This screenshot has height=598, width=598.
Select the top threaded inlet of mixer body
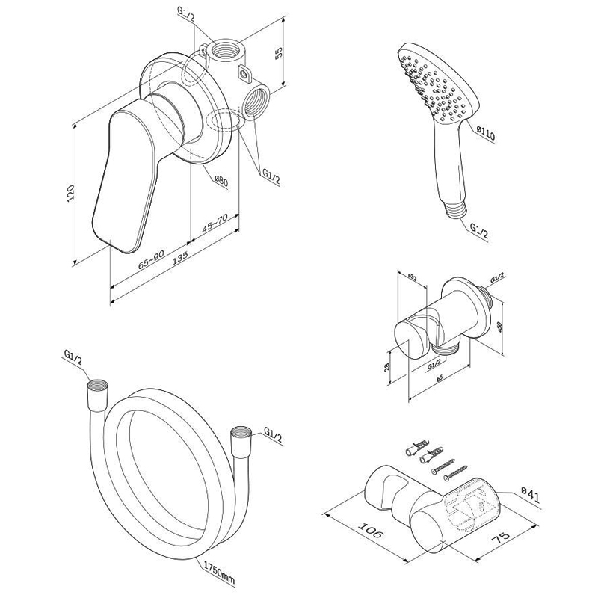click(x=222, y=53)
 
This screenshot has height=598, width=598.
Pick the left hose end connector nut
click(x=98, y=391)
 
